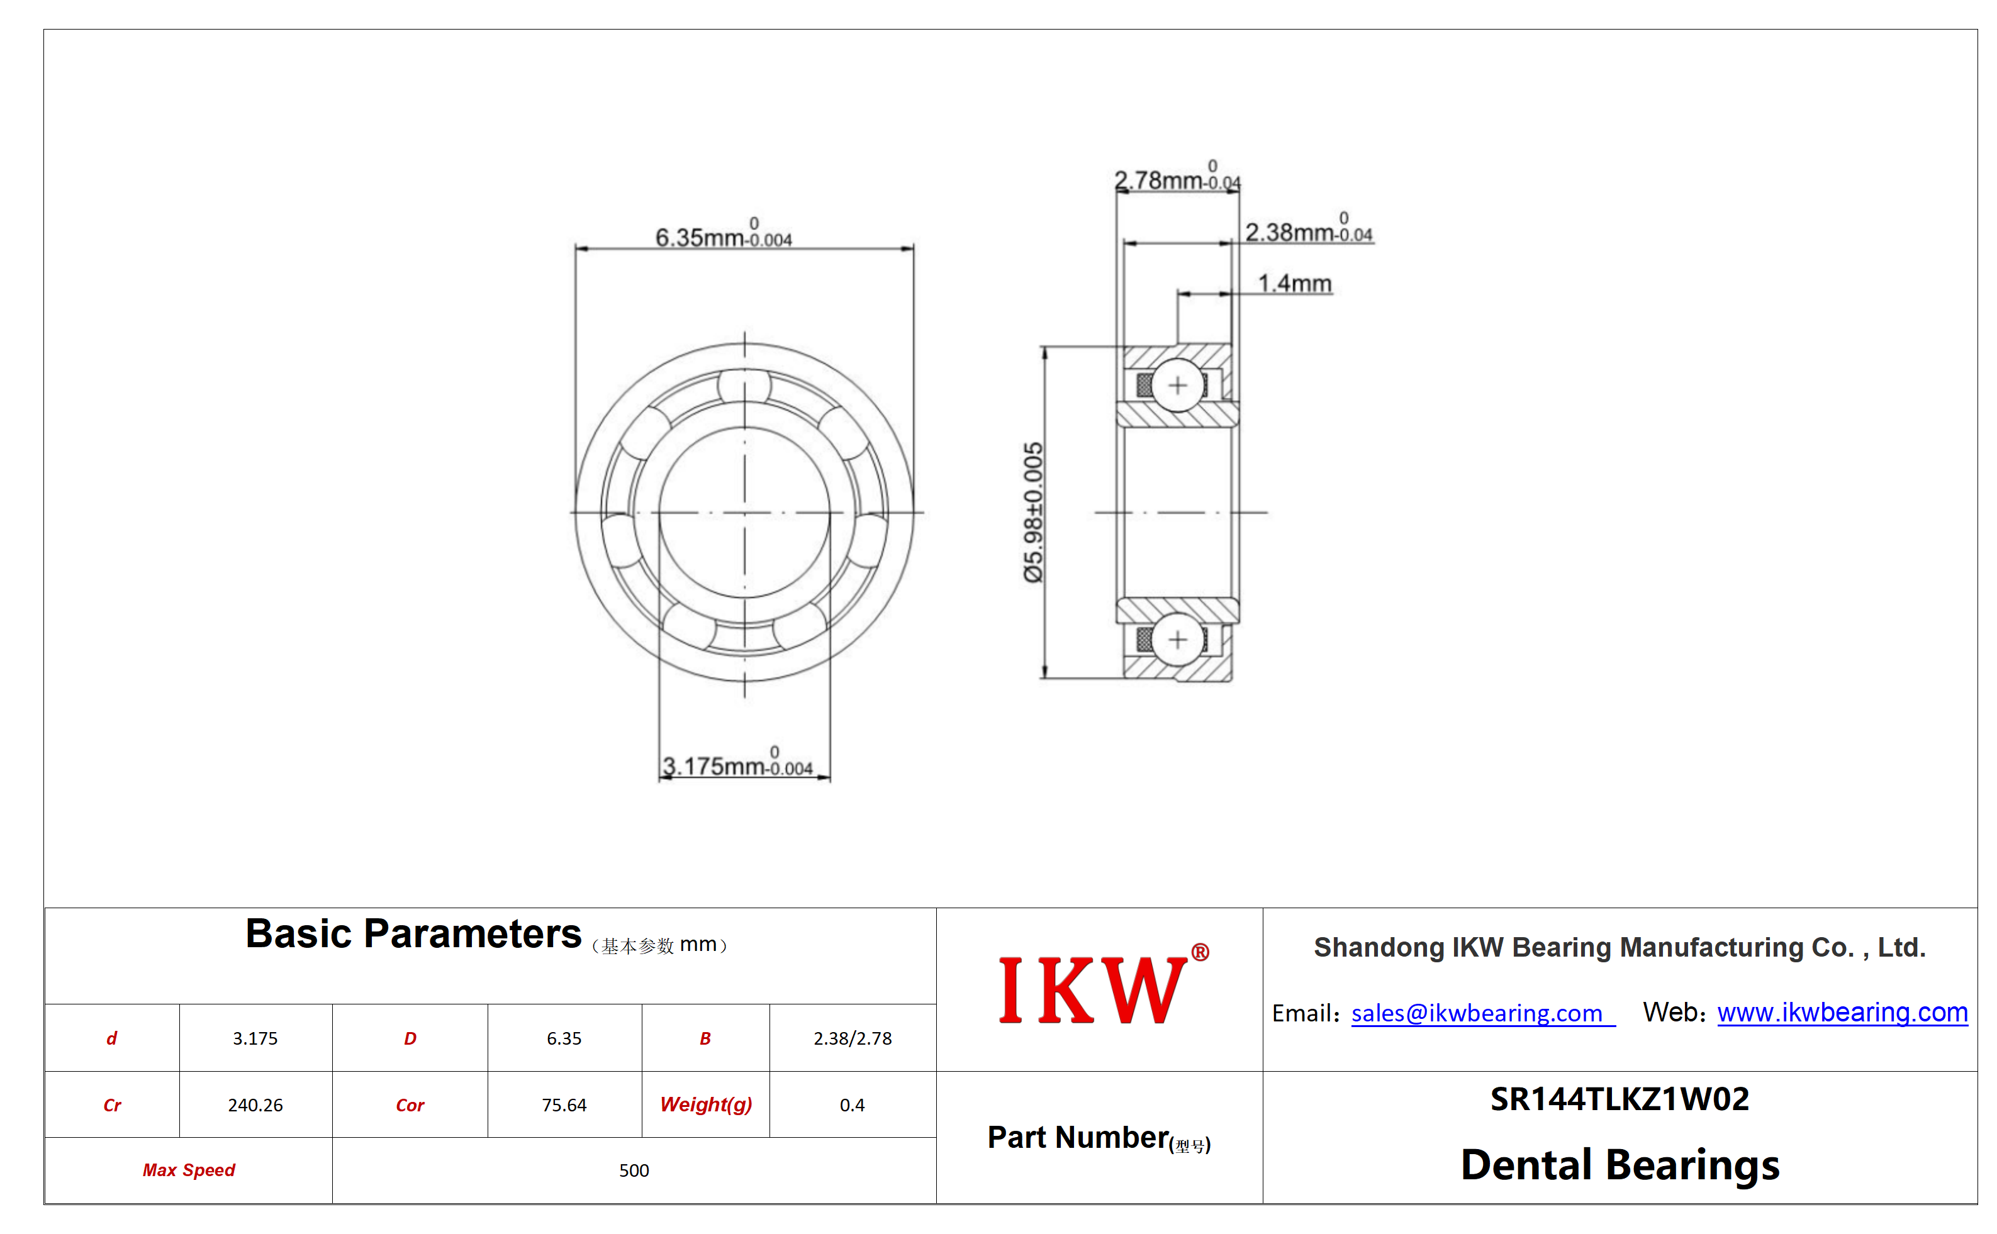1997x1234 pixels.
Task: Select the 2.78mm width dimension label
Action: coord(1177,176)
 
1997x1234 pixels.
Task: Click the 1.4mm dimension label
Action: coord(1294,283)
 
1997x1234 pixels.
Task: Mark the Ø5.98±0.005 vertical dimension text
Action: coord(1033,512)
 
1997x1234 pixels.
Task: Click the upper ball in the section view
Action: coord(1177,385)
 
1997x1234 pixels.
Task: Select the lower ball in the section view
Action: coord(1177,639)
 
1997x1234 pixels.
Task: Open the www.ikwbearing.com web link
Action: coord(1842,1012)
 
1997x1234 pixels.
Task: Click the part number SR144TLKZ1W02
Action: coord(1619,1099)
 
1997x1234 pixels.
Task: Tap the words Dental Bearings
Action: coord(1619,1165)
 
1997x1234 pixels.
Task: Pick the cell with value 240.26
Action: coord(255,1105)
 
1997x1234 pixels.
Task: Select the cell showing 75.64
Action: coord(564,1105)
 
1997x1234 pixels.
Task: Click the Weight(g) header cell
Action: coord(705,1105)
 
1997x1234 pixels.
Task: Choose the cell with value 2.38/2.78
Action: coord(853,1038)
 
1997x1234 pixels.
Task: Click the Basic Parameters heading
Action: coord(413,933)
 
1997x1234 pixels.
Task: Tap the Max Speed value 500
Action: coord(634,1170)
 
